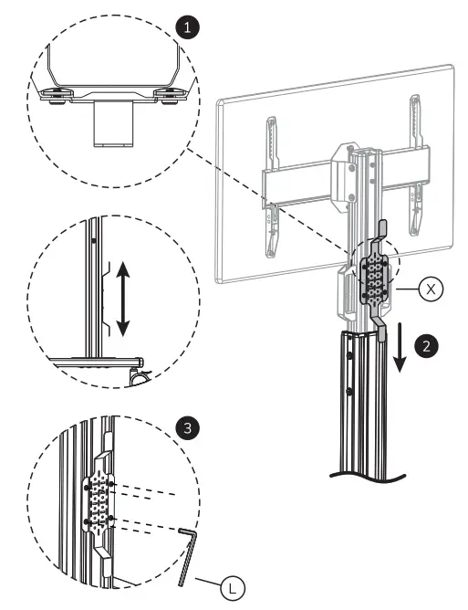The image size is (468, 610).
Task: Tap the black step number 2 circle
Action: click(424, 346)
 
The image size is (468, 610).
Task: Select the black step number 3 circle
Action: click(186, 426)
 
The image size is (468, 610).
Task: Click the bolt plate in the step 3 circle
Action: click(99, 501)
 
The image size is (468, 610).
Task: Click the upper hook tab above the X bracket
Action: click(381, 228)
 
